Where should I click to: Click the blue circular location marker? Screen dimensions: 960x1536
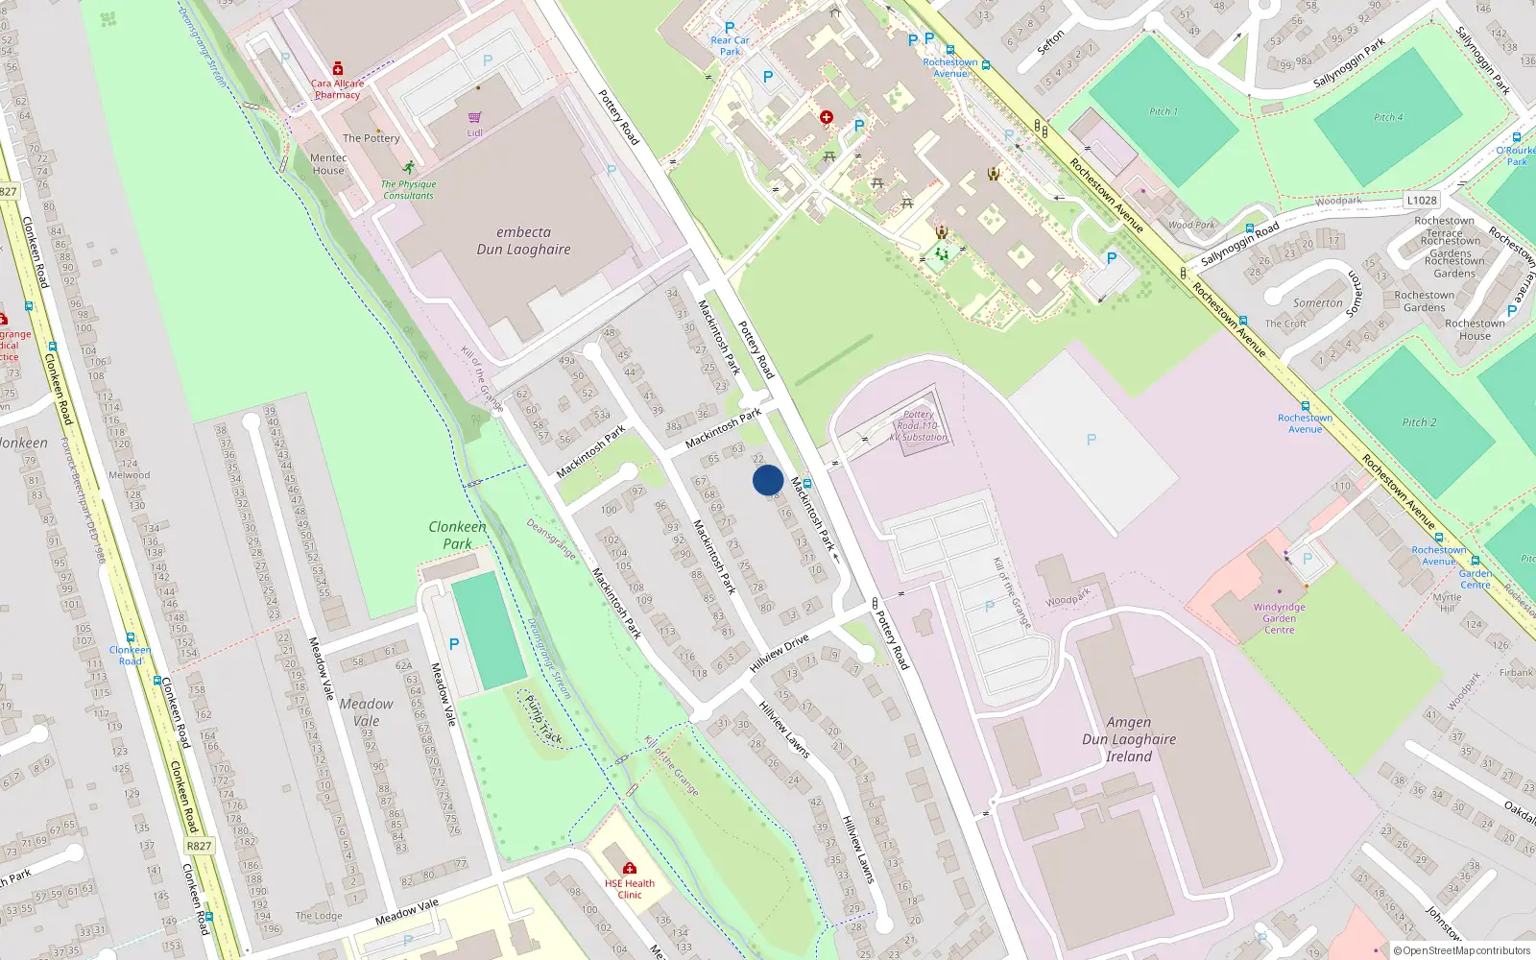click(x=768, y=480)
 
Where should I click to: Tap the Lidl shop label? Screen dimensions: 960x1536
click(x=474, y=132)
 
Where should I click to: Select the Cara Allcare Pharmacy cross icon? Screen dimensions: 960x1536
click(x=337, y=69)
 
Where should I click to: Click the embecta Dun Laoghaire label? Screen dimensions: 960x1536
click(x=523, y=240)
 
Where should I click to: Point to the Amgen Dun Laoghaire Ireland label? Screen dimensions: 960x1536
click(x=1128, y=739)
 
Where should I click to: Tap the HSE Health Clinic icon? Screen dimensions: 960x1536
click(x=629, y=869)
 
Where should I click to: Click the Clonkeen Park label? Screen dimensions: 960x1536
click(x=457, y=535)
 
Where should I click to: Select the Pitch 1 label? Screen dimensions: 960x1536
click(x=1164, y=111)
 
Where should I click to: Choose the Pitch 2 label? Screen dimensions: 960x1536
click(x=1419, y=422)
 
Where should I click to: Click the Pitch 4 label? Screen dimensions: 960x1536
click(x=1387, y=117)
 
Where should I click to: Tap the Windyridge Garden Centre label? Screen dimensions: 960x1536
click(x=1279, y=618)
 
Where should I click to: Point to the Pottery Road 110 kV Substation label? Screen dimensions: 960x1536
click(x=918, y=425)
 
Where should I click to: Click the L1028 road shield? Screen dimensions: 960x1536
click(x=1422, y=200)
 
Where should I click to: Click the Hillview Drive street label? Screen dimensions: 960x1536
click(x=780, y=653)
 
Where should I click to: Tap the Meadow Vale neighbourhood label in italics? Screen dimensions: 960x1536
click(x=366, y=712)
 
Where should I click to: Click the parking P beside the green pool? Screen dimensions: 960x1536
click(x=453, y=644)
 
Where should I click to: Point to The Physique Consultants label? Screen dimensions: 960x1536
click(x=408, y=189)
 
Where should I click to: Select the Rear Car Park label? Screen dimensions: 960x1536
click(x=730, y=45)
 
